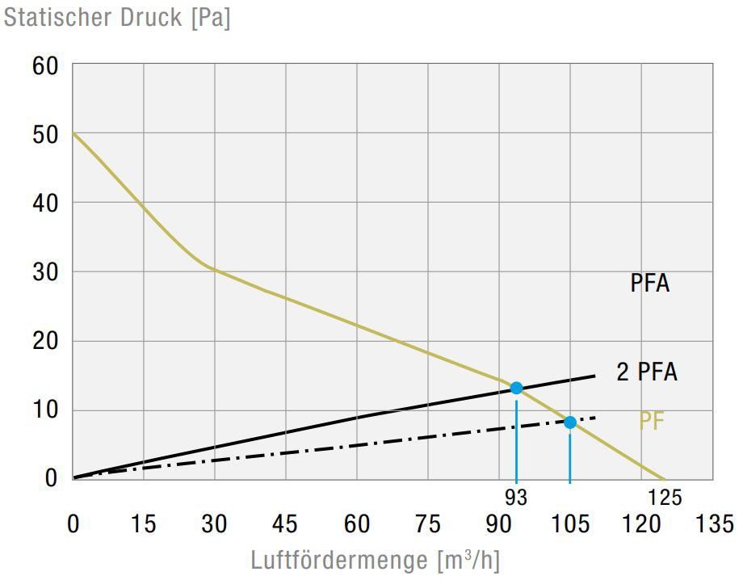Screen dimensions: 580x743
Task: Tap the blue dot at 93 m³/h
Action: pyautogui.click(x=516, y=388)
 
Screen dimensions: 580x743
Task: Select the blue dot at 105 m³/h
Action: pyautogui.click(x=570, y=422)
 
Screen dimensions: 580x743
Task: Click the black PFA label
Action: pyautogui.click(x=650, y=284)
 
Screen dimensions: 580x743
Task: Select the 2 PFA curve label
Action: pyautogui.click(x=647, y=372)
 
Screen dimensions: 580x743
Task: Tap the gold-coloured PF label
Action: pyautogui.click(x=651, y=422)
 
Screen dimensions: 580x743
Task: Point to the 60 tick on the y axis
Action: pyautogui.click(x=45, y=65)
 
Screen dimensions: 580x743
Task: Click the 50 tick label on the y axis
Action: pyautogui.click(x=45, y=134)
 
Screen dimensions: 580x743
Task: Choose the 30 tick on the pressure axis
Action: pyautogui.click(x=45, y=272)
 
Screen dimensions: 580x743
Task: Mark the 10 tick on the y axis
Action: pyautogui.click(x=45, y=410)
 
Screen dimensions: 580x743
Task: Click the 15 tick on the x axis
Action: pyautogui.click(x=143, y=524)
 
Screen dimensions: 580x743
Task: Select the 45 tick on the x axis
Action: pyautogui.click(x=285, y=524)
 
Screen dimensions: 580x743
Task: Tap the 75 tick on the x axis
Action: pyautogui.click(x=427, y=524)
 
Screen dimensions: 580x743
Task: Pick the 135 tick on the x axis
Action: pyautogui.click(x=713, y=524)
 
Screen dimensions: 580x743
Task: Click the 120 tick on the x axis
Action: pyautogui.click(x=641, y=524)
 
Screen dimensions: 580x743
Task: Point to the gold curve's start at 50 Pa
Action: pyautogui.click(x=73, y=133)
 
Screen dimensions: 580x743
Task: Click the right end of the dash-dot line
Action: pyautogui.click(x=595, y=418)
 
